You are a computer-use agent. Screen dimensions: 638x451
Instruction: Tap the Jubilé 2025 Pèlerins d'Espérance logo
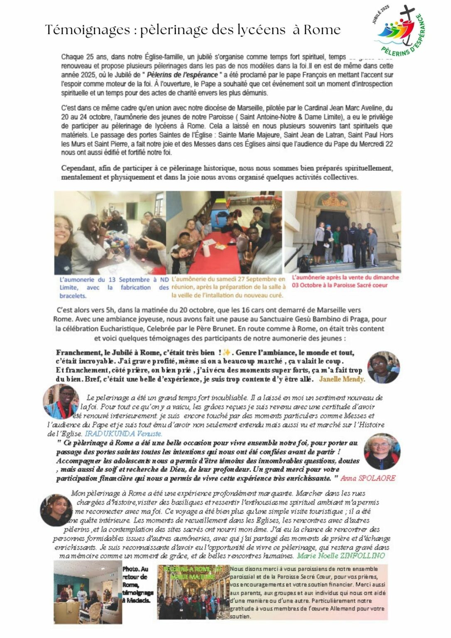coord(398,31)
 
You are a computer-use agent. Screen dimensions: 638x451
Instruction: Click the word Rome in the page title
coord(322,30)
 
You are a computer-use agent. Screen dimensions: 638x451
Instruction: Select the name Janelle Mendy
coord(342,379)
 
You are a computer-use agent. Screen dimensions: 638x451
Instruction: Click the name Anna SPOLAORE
coord(368,478)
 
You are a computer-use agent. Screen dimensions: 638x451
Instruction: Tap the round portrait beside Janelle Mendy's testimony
coord(384,367)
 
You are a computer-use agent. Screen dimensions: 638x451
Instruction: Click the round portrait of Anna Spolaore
coord(382,452)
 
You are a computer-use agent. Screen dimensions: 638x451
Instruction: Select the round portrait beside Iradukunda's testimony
coord(61,401)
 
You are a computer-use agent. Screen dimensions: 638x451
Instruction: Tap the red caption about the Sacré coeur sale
coord(345,281)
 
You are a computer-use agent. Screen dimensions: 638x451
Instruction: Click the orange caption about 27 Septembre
coord(228,287)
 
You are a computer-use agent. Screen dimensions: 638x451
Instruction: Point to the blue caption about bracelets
coord(114,287)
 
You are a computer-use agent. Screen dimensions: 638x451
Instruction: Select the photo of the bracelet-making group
coord(110,233)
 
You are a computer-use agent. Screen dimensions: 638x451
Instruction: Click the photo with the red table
coord(224,233)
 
